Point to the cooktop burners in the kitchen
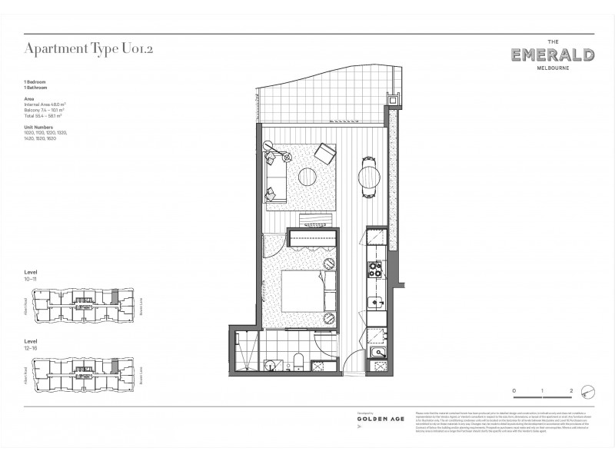pos(376,269)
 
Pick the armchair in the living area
pos(324,156)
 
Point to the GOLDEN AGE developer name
pos(376,422)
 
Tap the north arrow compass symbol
pos(589,391)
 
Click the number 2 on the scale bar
pos(572,391)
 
